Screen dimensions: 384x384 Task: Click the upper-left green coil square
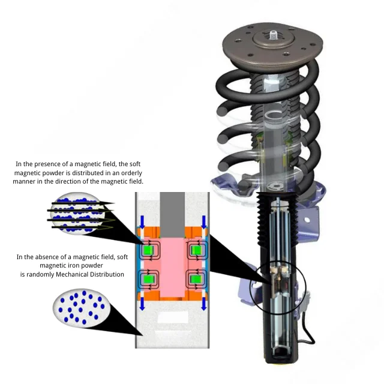(147, 249)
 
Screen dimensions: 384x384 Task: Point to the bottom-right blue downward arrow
(203, 304)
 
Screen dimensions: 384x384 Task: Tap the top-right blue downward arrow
(203, 222)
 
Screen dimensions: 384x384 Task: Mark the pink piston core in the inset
(171, 264)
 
